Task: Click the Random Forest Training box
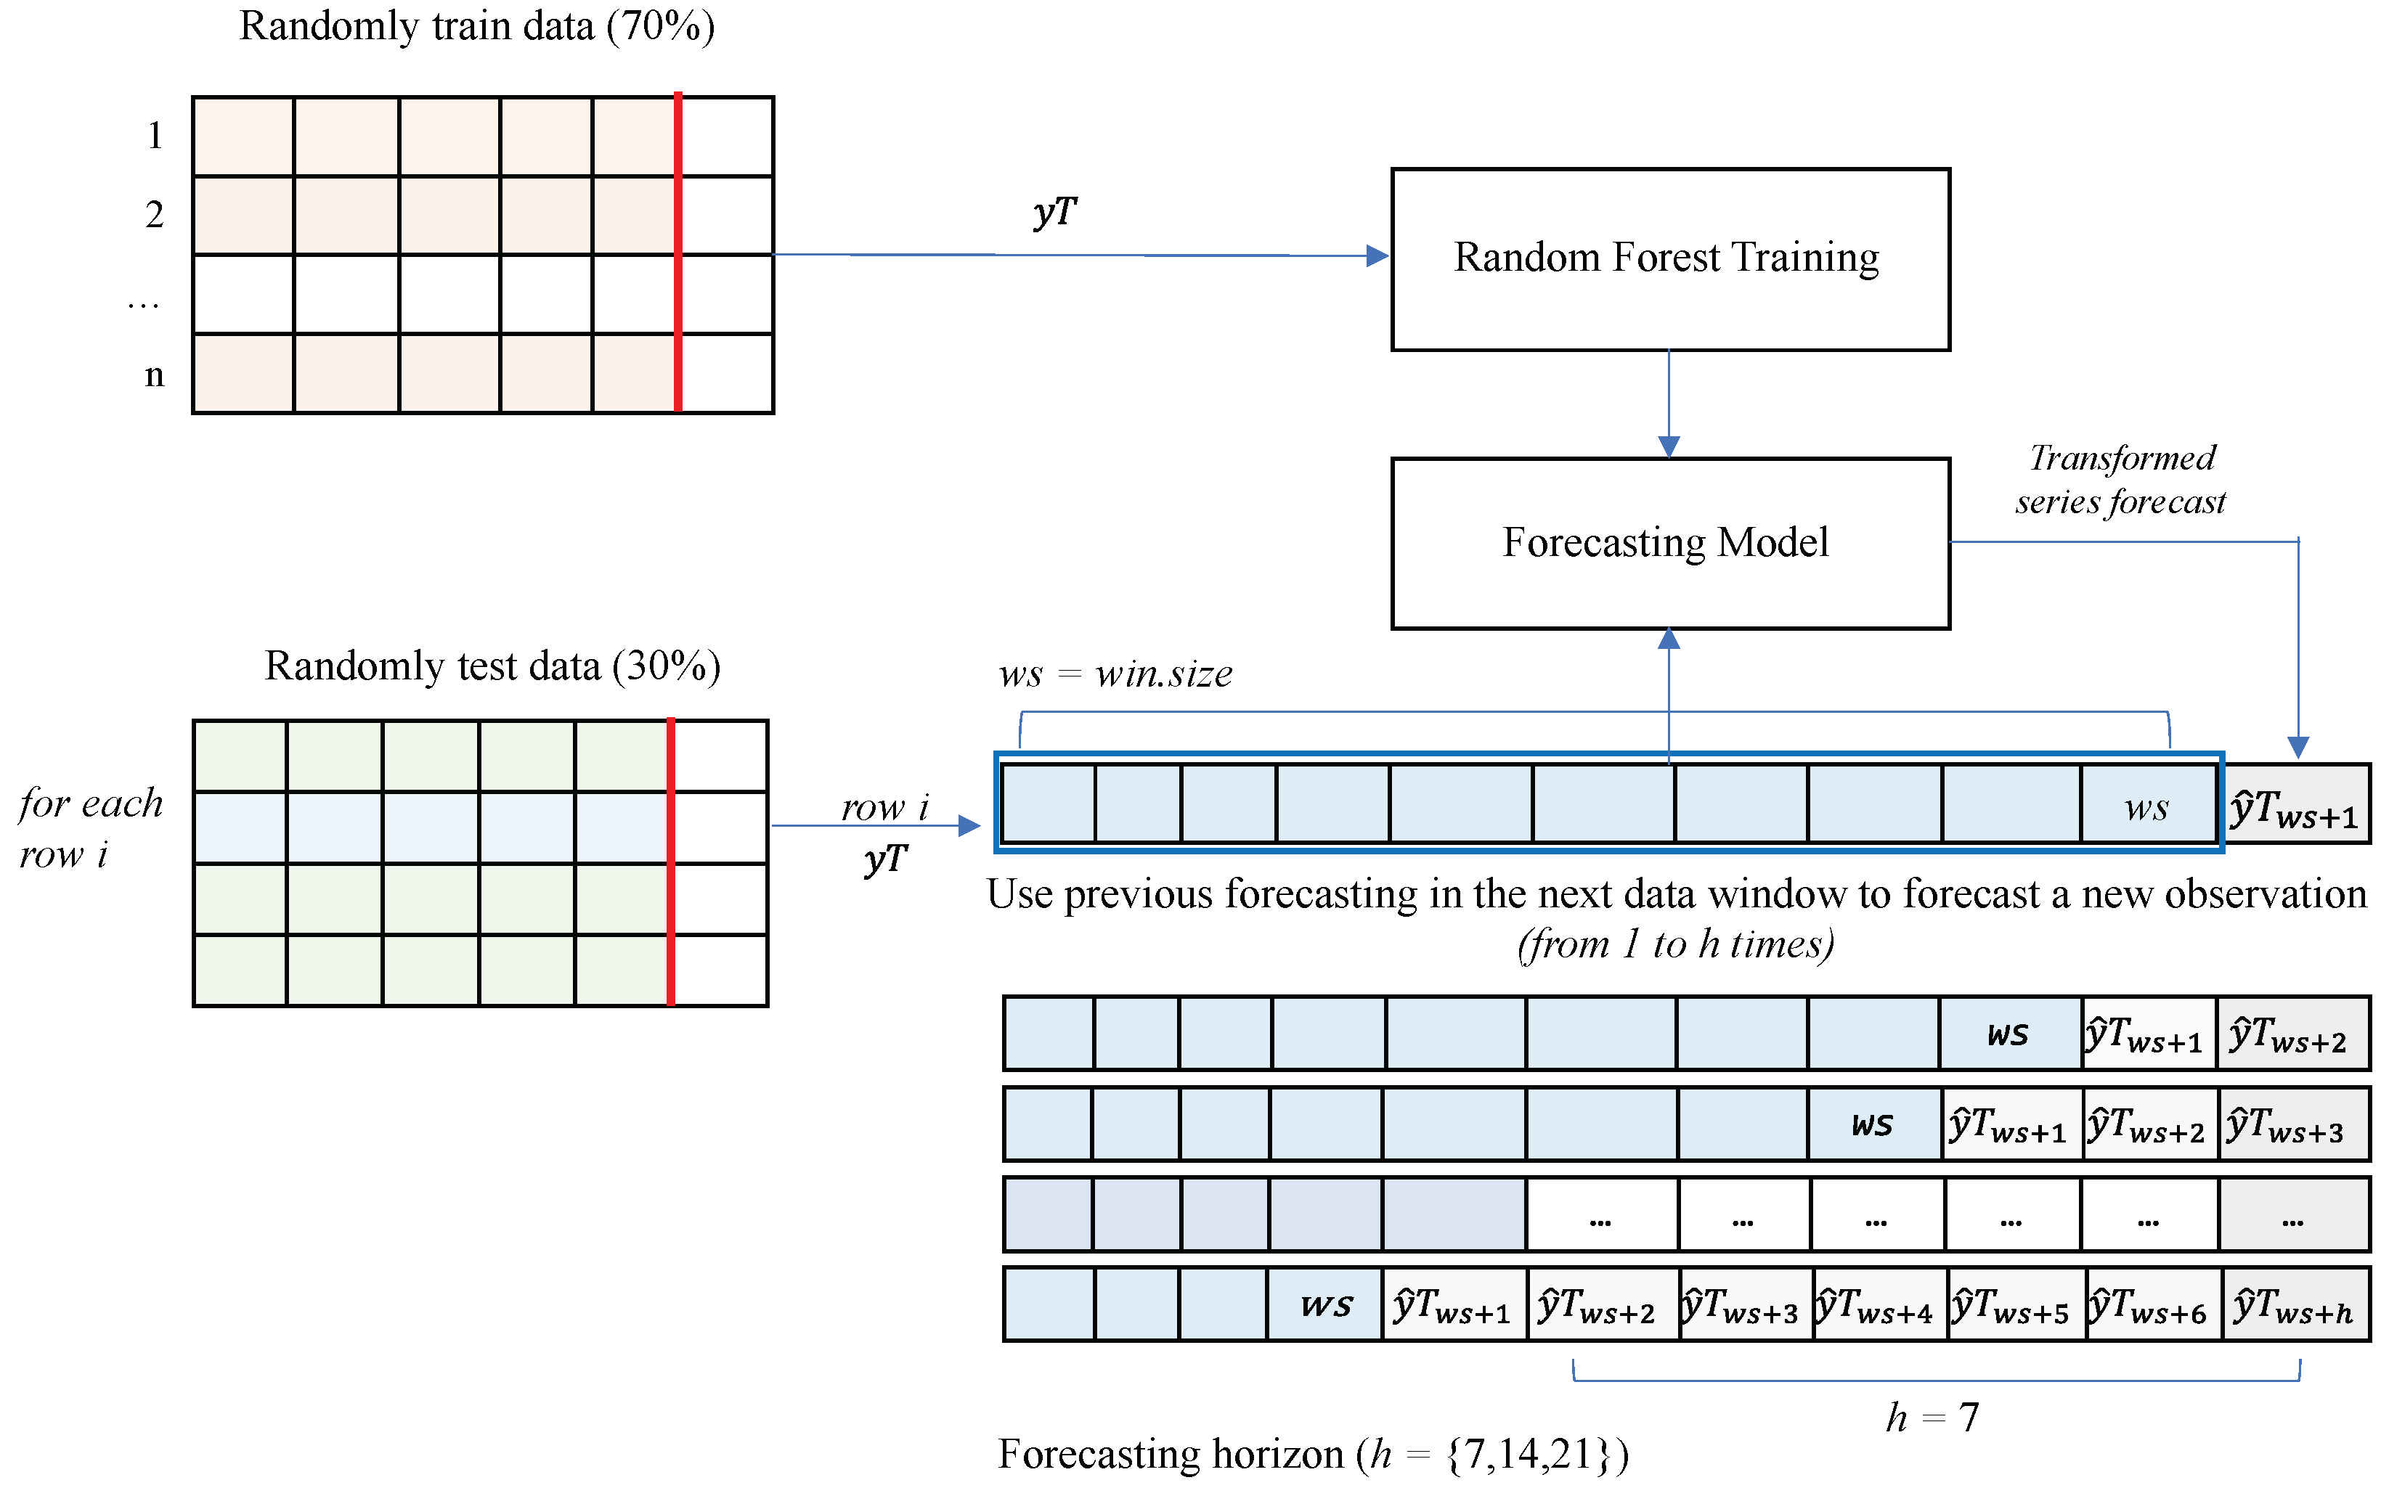click(1669, 259)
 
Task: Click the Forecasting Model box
click(1669, 542)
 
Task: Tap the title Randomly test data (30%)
click(492, 666)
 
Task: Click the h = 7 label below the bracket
click(1932, 1418)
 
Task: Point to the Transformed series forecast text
click(2120, 479)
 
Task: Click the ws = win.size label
click(1115, 674)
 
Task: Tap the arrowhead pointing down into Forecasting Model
click(1669, 448)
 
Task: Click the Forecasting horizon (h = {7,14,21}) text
click(1313, 1454)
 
